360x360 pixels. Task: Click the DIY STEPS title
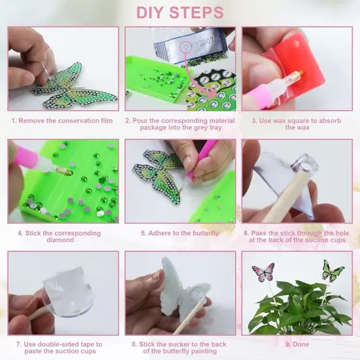coord(179,12)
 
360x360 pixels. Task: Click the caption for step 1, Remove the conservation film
coord(62,120)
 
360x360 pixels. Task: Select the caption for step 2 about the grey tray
coord(179,124)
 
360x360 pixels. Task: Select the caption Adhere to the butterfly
coord(179,233)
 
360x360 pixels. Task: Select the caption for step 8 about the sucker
coord(179,348)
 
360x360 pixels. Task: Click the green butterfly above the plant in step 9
coord(333,270)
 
